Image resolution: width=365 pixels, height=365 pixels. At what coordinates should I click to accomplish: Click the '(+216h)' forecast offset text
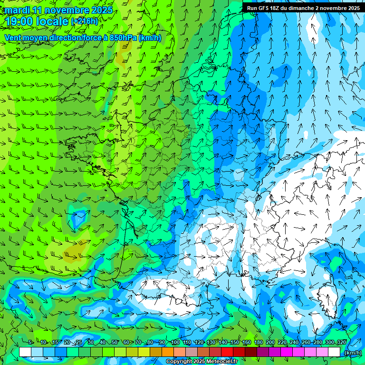point(84,21)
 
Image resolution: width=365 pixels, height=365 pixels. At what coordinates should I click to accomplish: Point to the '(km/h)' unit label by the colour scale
point(352,352)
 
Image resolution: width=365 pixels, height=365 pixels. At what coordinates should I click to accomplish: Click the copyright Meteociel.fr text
point(203,362)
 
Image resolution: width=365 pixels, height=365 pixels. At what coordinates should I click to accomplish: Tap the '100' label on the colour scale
point(175,342)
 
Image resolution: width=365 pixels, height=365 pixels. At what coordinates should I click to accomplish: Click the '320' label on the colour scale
point(341,342)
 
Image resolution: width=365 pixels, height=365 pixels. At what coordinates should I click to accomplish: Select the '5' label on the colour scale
point(30,342)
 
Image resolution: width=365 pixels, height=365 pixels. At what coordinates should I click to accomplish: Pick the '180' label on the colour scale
point(258,342)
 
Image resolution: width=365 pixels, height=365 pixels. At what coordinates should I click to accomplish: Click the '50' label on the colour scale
point(115,342)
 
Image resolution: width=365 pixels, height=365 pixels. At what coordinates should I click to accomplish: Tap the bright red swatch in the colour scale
point(228,352)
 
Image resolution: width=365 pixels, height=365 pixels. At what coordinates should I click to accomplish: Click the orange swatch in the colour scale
point(168,352)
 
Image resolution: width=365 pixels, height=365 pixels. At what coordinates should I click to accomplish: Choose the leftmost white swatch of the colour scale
point(25,352)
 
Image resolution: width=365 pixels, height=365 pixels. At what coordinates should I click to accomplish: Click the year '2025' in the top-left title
point(102,10)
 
